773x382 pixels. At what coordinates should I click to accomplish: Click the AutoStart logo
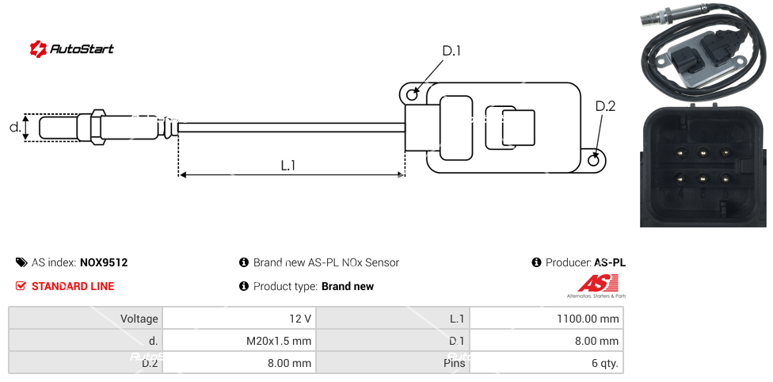point(71,49)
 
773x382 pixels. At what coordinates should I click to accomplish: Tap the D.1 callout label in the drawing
point(451,51)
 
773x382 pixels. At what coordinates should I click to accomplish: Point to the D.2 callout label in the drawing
point(605,106)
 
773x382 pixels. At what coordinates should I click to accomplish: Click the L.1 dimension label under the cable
point(288,166)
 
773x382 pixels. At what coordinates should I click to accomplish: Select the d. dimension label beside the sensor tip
point(14,127)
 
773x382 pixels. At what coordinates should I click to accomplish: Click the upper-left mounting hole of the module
point(412,95)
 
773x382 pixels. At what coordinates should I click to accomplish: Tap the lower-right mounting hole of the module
point(596,161)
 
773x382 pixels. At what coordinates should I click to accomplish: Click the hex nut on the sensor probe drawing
point(97,127)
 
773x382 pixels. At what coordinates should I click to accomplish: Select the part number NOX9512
point(104,262)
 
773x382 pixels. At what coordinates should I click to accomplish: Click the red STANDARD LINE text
point(72,286)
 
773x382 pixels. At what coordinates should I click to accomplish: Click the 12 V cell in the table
point(300,319)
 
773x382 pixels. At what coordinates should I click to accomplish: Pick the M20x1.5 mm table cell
point(279,342)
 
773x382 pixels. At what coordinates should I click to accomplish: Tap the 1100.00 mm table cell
point(588,319)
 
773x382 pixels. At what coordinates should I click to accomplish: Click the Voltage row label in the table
point(139,319)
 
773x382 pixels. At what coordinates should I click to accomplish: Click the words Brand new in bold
point(347,286)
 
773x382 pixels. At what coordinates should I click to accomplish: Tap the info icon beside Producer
point(537,262)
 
